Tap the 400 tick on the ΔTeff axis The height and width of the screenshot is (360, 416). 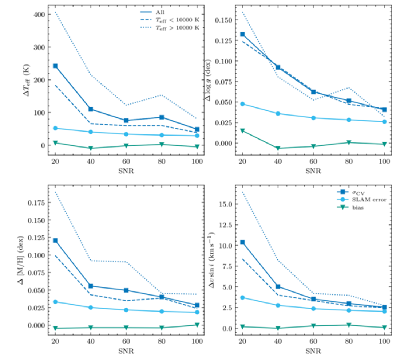40,15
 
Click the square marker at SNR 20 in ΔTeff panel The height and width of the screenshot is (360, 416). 55,66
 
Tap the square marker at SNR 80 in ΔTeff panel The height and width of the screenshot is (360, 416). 162,117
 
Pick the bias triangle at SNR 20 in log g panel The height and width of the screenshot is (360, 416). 242,131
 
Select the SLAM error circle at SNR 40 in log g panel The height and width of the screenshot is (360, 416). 278,114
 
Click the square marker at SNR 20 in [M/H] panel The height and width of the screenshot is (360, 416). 55,240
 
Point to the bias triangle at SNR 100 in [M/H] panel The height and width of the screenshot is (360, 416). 197,325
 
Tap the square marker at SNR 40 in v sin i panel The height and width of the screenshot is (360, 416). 278,287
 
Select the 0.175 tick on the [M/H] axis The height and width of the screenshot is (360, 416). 37,203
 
